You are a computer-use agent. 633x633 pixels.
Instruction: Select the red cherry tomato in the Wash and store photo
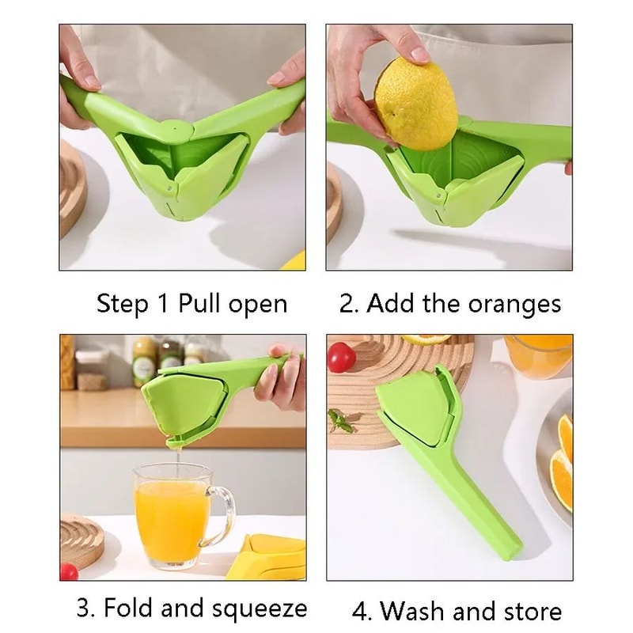pyautogui.click(x=342, y=357)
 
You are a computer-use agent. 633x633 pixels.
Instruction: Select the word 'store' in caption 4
pyautogui.click(x=532, y=610)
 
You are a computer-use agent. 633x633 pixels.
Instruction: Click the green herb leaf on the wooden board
pyautogui.click(x=341, y=420)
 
